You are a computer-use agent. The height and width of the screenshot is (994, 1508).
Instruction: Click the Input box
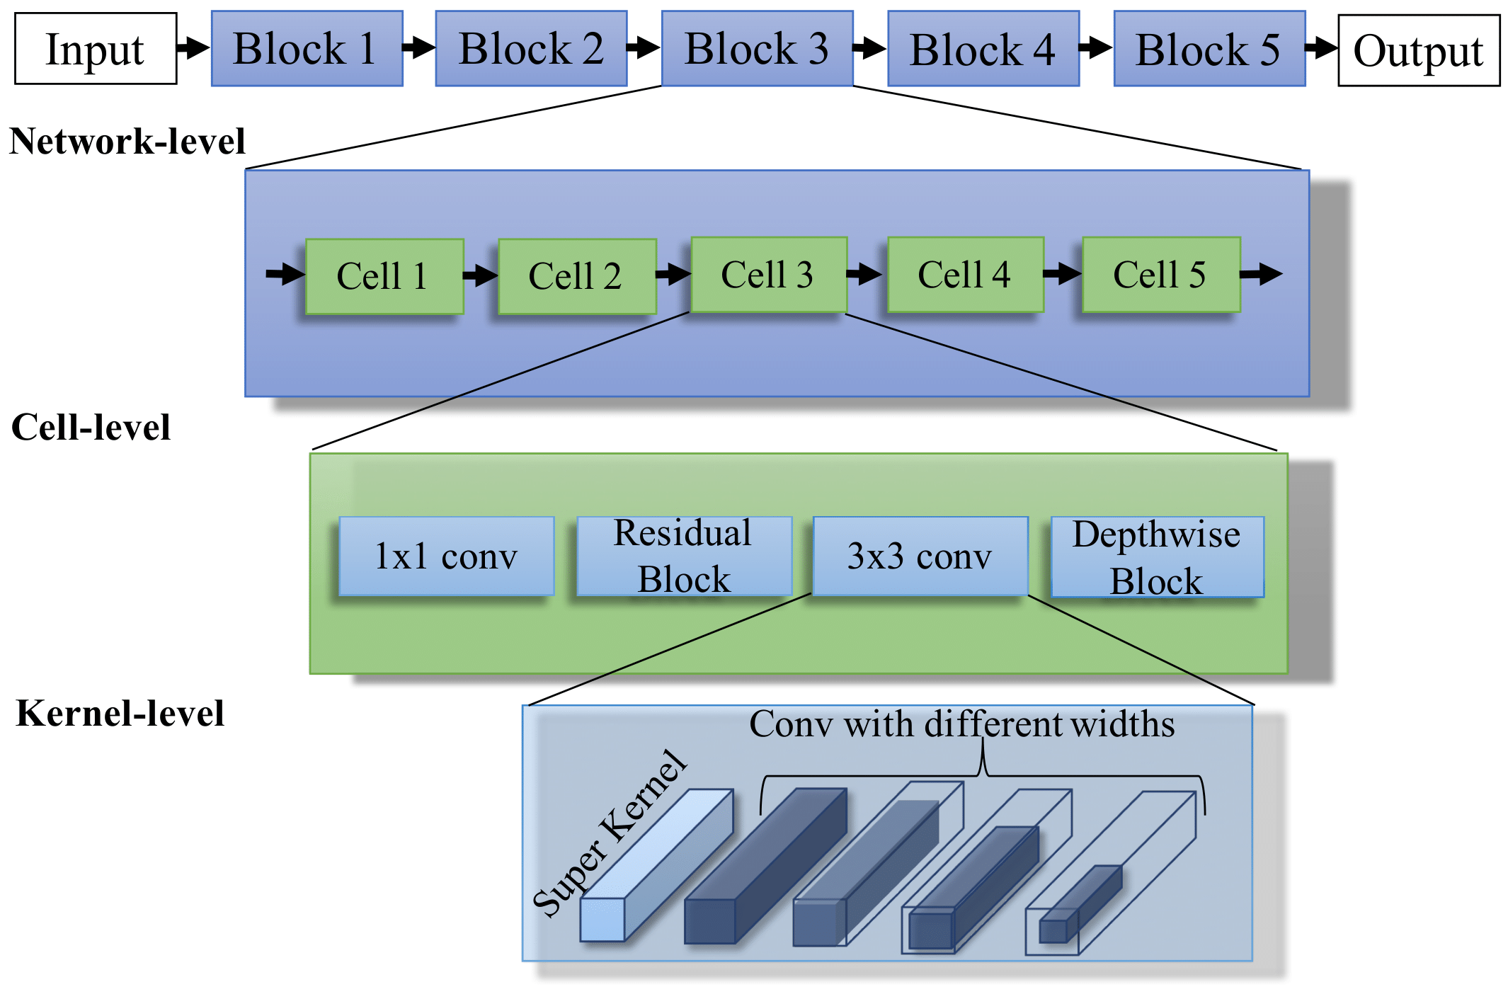96,49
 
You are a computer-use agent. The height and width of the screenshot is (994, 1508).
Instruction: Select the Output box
1419,51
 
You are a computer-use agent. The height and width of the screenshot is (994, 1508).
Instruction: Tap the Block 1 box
307,48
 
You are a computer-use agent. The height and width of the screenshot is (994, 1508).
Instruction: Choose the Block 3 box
757,48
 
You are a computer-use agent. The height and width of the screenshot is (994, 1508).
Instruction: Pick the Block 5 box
1209,48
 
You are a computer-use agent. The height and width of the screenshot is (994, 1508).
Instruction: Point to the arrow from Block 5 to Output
1322,48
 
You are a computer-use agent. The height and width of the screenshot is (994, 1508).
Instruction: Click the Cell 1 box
384,276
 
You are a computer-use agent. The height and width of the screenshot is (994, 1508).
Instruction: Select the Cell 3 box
769,275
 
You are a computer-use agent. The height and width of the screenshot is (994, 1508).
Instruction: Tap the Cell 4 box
966,275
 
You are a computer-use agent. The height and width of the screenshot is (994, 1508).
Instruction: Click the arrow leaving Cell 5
1262,274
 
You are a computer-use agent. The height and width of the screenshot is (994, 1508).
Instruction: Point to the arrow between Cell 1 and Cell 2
481,275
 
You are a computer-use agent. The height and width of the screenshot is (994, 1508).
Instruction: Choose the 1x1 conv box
447,556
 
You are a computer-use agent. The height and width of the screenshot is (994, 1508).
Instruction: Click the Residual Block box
685,556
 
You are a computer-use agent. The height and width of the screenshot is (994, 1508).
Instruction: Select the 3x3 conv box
920,556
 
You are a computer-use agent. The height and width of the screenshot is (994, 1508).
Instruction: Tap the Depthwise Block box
1158,556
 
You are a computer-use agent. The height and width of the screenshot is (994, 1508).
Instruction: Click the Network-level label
127,141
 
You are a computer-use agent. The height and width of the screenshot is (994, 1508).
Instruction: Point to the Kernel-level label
120,713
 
